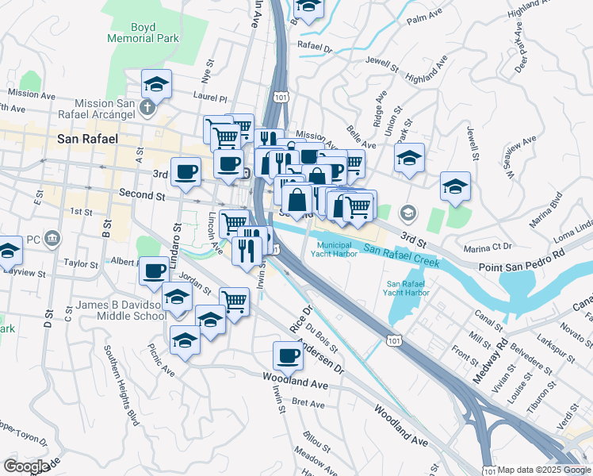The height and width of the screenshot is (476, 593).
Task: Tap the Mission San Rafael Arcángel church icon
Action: [x=147, y=106]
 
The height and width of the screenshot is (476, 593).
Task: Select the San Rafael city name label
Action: [x=88, y=139]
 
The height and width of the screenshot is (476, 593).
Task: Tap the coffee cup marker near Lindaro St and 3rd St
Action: [x=186, y=171]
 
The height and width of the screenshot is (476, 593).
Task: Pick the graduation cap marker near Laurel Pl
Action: [x=157, y=83]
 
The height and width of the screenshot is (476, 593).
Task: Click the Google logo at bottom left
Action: [x=26, y=466]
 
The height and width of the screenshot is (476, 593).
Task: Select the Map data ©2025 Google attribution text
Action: [x=544, y=470]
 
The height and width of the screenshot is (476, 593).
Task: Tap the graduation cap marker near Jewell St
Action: [x=456, y=186]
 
